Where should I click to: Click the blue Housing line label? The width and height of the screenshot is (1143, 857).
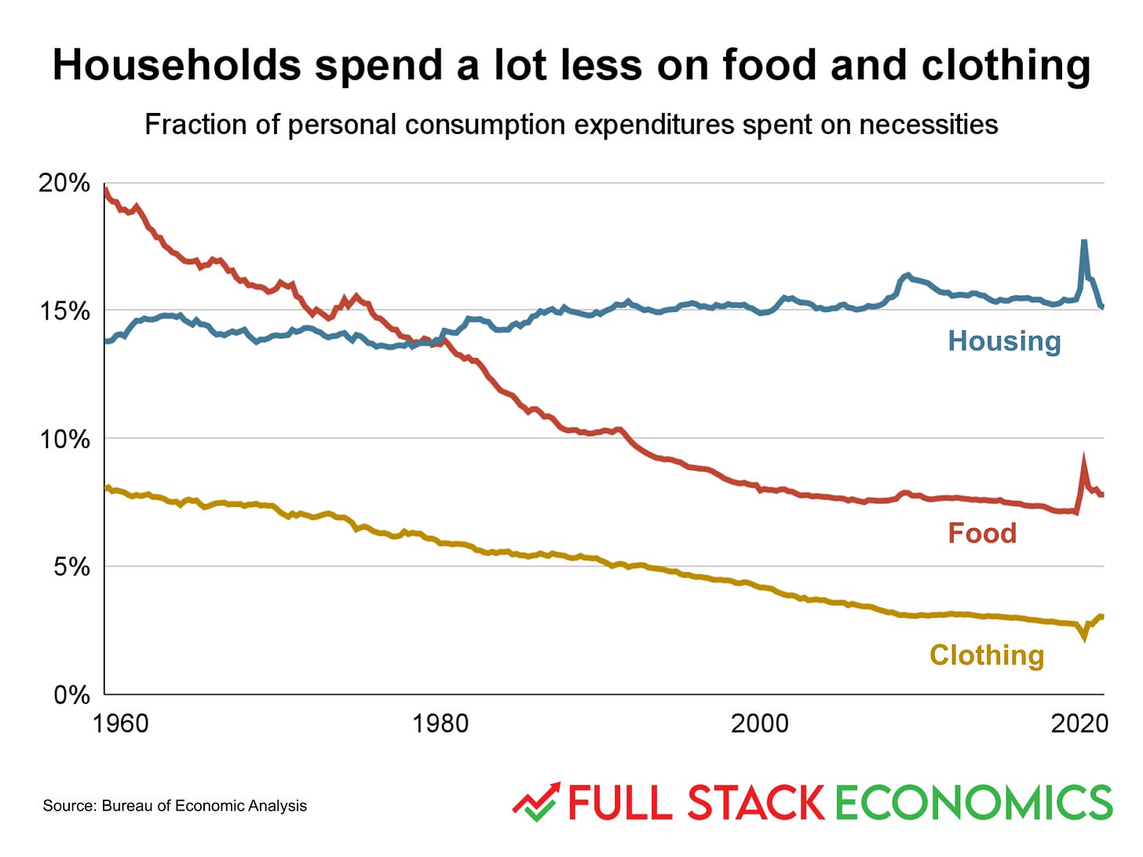tap(1004, 341)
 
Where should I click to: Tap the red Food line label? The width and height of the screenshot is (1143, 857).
tap(982, 533)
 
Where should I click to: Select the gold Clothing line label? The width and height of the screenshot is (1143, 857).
tap(987, 655)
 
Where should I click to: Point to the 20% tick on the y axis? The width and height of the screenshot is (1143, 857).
tap(64, 183)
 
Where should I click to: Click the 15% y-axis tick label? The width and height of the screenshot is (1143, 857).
tap(64, 311)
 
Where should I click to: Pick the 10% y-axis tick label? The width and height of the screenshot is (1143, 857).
tap(64, 439)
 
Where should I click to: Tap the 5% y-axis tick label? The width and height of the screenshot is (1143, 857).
tap(71, 567)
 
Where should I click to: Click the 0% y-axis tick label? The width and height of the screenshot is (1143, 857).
tap(71, 695)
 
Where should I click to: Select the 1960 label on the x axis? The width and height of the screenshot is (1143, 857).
tap(120, 724)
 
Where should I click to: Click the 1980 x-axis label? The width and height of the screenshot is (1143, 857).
tap(440, 724)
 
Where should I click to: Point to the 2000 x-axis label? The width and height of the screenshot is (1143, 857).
tap(759, 724)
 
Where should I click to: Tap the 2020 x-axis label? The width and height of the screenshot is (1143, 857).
tap(1079, 724)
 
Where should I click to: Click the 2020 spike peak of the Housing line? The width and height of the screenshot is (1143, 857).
tap(1084, 242)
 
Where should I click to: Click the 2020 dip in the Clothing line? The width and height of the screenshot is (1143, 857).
tap(1085, 638)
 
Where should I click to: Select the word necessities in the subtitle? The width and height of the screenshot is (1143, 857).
tap(928, 125)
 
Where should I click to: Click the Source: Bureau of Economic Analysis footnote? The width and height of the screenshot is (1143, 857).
tap(174, 806)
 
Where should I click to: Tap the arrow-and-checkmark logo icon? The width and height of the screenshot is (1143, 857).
tap(535, 802)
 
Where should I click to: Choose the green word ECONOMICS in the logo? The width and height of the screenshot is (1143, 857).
tap(973, 803)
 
